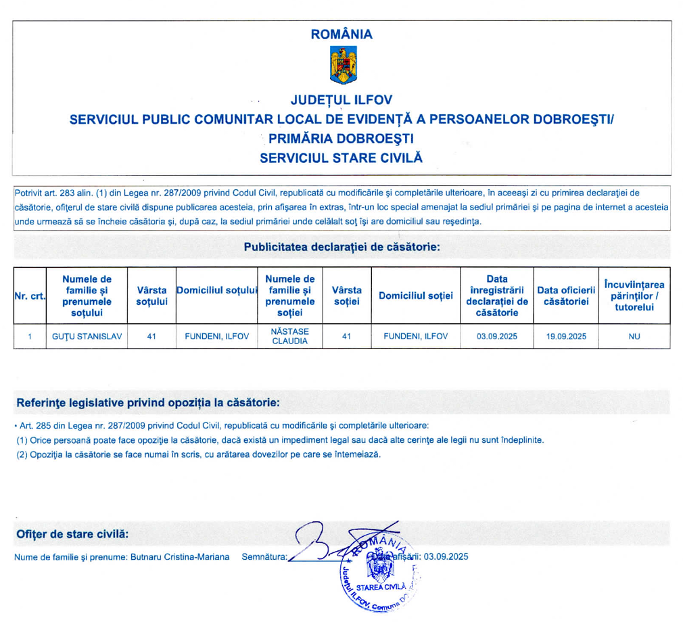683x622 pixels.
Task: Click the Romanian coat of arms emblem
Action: tap(341, 66)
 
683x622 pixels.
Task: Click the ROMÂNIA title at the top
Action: tap(341, 34)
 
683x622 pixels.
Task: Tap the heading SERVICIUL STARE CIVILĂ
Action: tap(341, 158)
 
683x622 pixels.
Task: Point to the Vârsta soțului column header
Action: tap(151, 296)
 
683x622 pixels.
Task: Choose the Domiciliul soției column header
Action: tap(415, 296)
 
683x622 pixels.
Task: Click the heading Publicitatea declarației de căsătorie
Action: tap(342, 247)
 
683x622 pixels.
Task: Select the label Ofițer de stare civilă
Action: tap(72, 534)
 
